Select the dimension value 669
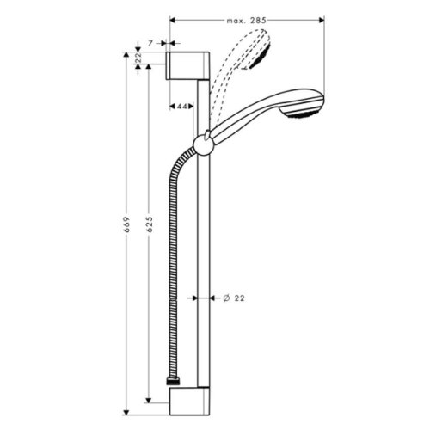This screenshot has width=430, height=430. tap(126, 225)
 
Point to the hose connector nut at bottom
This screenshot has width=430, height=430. tap(173, 378)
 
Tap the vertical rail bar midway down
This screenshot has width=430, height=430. tap(203, 258)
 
